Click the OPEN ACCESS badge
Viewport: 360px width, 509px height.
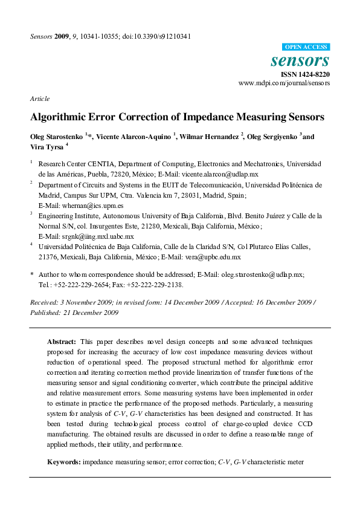[x=307, y=47]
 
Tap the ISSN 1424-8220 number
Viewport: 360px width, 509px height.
[x=306, y=74]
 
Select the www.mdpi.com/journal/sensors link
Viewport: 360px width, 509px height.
[x=284, y=83]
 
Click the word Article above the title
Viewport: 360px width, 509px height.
[x=39, y=99]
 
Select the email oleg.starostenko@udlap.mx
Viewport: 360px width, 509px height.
[x=261, y=274]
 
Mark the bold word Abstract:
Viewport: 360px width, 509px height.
[x=62, y=342]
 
